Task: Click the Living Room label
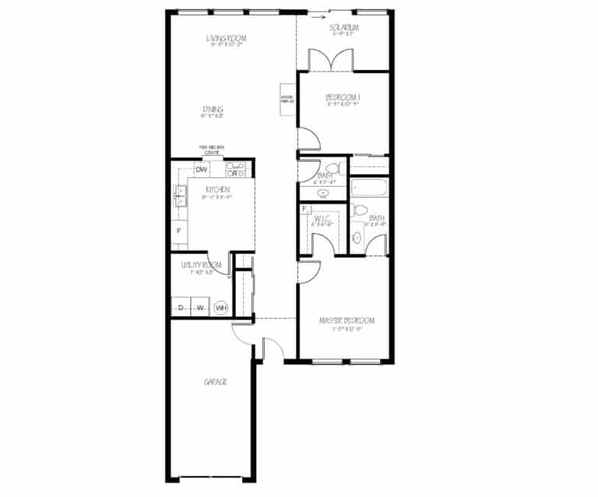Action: [226, 38]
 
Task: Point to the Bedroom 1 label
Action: [343, 97]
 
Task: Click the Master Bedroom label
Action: [347, 320]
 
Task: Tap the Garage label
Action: [215, 382]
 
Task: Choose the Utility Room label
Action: [202, 265]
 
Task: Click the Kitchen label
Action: [217, 190]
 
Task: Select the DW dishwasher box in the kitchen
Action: [201, 170]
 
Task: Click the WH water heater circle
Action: [221, 307]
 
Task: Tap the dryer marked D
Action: [181, 307]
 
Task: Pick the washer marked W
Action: [200, 307]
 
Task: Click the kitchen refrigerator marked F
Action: [179, 231]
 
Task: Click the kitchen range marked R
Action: [234, 172]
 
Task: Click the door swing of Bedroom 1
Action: [308, 138]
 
